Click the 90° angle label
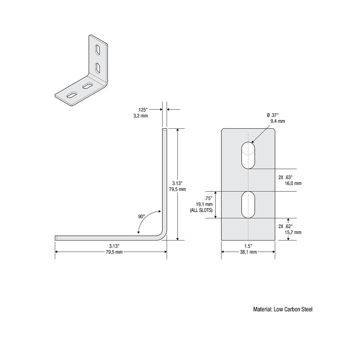[x=141, y=217]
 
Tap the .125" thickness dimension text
[x=143, y=110]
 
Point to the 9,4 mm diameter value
[x=277, y=121]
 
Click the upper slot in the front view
[x=248, y=155]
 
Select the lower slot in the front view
[x=248, y=205]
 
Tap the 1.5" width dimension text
[x=248, y=246]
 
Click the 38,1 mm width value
[x=248, y=252]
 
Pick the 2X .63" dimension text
[x=285, y=177]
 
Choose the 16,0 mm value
[x=293, y=183]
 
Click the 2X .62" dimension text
[x=285, y=226]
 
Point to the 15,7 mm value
[x=293, y=232]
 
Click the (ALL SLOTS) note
[x=201, y=210]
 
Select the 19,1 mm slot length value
[x=204, y=204]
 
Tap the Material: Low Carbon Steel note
[x=283, y=309]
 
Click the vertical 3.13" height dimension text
[x=177, y=183]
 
